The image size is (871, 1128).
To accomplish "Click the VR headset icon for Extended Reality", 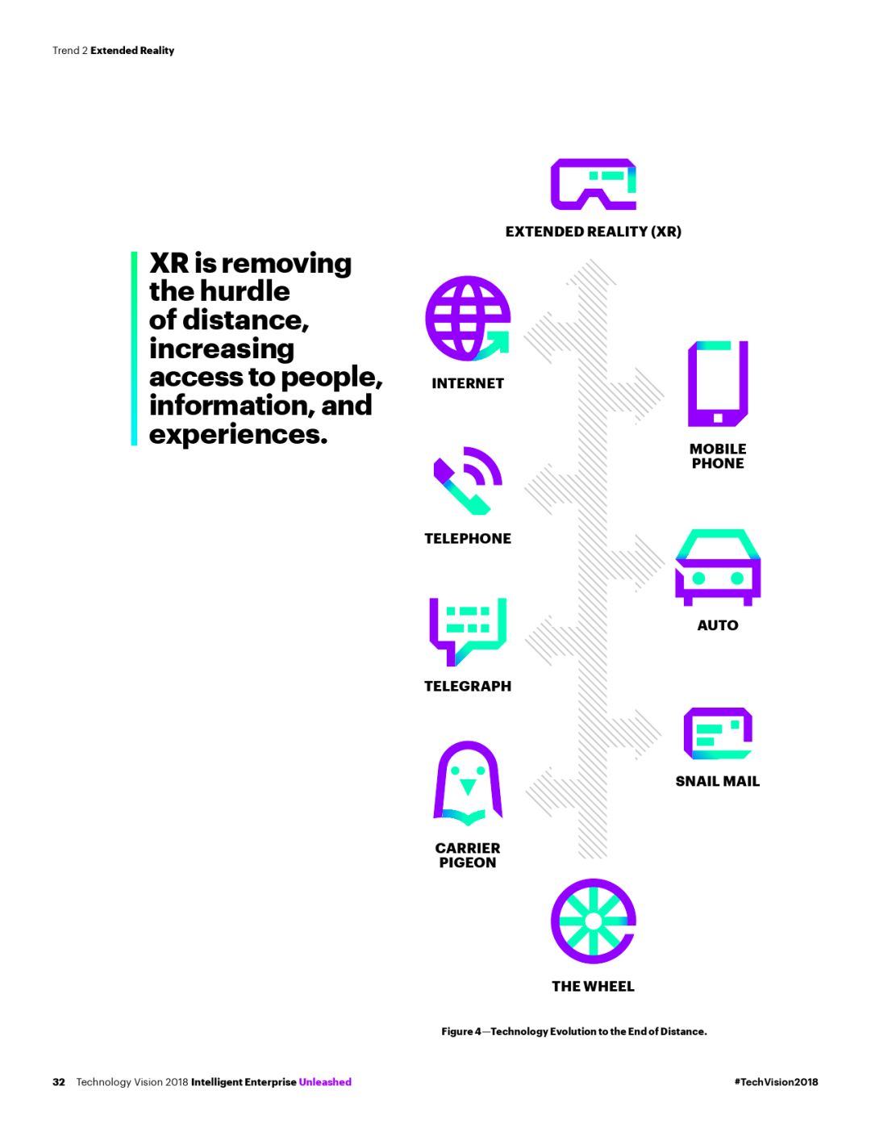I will (593, 184).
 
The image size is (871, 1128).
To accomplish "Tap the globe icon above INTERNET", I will (468, 319).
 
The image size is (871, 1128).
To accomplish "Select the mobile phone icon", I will (718, 384).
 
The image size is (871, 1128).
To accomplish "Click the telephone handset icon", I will (466, 481).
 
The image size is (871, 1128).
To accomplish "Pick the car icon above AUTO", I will (718, 567).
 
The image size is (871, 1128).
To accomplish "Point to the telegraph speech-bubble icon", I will (468, 631).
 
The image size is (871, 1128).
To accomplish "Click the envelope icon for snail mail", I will (718, 733).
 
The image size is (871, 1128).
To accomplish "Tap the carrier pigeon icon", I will (468, 783).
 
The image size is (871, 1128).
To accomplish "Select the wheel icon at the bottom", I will (593, 921).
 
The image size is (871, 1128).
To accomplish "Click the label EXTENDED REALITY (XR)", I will (593, 232).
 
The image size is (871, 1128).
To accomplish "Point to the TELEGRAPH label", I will (468, 686).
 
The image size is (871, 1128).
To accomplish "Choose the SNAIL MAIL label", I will (718, 781).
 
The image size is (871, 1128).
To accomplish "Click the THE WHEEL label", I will (593, 986).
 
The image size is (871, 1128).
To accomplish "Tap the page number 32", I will (59, 1082).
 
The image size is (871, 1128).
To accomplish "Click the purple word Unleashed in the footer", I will (325, 1082).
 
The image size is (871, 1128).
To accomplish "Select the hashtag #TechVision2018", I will (776, 1082).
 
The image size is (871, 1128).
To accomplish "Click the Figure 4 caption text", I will (573, 1031).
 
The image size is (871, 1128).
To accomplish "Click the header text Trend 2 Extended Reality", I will (113, 50).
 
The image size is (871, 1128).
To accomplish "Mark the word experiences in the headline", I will (238, 434).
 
